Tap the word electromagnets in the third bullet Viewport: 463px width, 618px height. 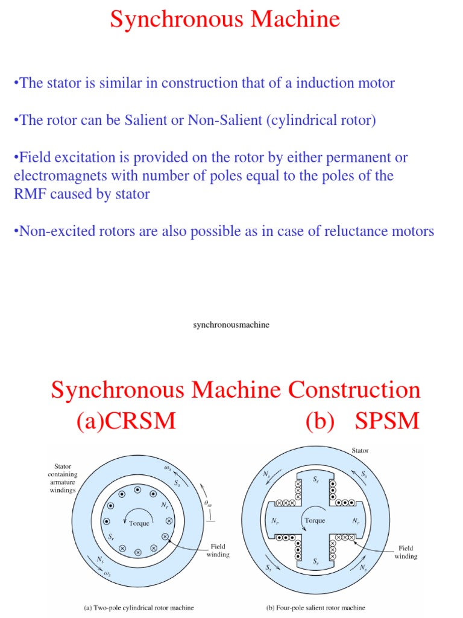pos(53,176)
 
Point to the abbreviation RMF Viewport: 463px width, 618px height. pos(28,195)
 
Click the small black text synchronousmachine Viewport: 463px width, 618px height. pos(231,325)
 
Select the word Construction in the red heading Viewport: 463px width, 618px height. pos(354,390)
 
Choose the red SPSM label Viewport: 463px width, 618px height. pos(386,421)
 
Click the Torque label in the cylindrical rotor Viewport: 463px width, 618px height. pos(139,523)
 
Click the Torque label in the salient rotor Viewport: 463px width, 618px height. pos(315,520)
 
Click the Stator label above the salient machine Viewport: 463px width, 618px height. pos(360,450)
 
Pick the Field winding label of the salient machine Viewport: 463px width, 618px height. pos(406,552)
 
